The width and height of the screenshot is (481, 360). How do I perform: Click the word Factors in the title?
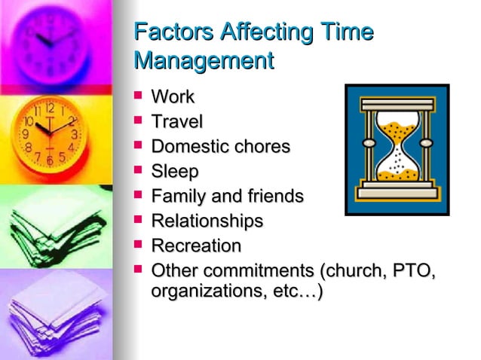tap(170, 32)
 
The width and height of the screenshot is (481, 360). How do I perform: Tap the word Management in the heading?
tap(203, 60)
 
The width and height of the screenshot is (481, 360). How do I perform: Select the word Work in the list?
tap(173, 97)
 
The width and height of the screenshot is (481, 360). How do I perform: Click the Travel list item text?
tap(177, 121)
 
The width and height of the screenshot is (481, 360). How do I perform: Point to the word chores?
tap(261, 146)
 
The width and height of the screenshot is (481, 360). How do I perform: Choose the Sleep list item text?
tap(175, 172)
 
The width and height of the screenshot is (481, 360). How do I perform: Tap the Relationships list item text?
tap(207, 221)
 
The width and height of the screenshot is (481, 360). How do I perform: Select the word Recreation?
tap(196, 246)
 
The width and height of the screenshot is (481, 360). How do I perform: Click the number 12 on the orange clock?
tap(49, 108)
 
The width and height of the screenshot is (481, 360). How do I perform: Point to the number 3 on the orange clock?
tap(74, 134)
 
